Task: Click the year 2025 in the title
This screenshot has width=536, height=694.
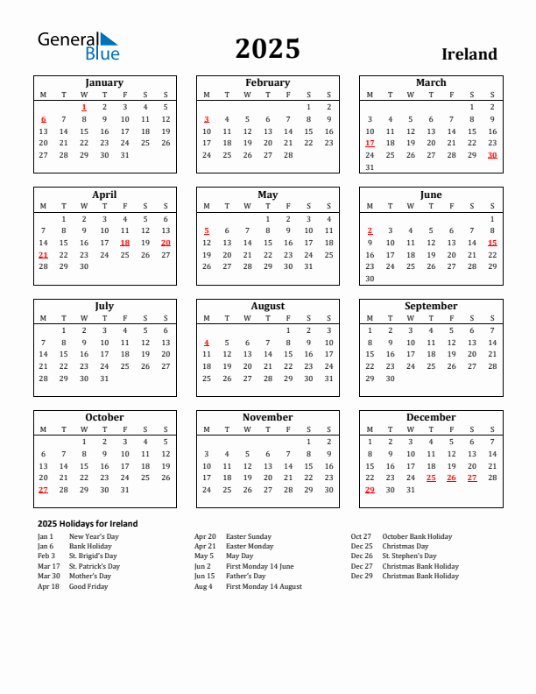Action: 267,49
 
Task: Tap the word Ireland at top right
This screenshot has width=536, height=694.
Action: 469,54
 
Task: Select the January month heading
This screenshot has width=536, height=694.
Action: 104,82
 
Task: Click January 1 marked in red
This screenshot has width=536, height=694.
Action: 84,107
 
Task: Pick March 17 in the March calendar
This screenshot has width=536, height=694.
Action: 370,143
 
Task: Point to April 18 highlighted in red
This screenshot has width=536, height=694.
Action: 124,243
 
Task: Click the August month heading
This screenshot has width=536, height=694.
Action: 267,306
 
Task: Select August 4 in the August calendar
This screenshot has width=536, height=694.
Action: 207,343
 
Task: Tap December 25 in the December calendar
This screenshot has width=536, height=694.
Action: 431,478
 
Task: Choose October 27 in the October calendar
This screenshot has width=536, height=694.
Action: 43,490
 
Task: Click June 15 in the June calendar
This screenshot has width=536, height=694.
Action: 492,243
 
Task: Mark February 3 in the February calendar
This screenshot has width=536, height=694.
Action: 207,119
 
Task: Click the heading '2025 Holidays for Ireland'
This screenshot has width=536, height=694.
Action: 88,523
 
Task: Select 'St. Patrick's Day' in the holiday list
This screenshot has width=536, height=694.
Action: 95,566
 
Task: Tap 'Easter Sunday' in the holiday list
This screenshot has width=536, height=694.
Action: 248,536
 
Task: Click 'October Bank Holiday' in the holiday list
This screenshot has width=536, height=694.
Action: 417,536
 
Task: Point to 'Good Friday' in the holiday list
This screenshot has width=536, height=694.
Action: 88,586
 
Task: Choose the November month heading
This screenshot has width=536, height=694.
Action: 267,417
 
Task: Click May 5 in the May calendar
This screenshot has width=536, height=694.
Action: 207,230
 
